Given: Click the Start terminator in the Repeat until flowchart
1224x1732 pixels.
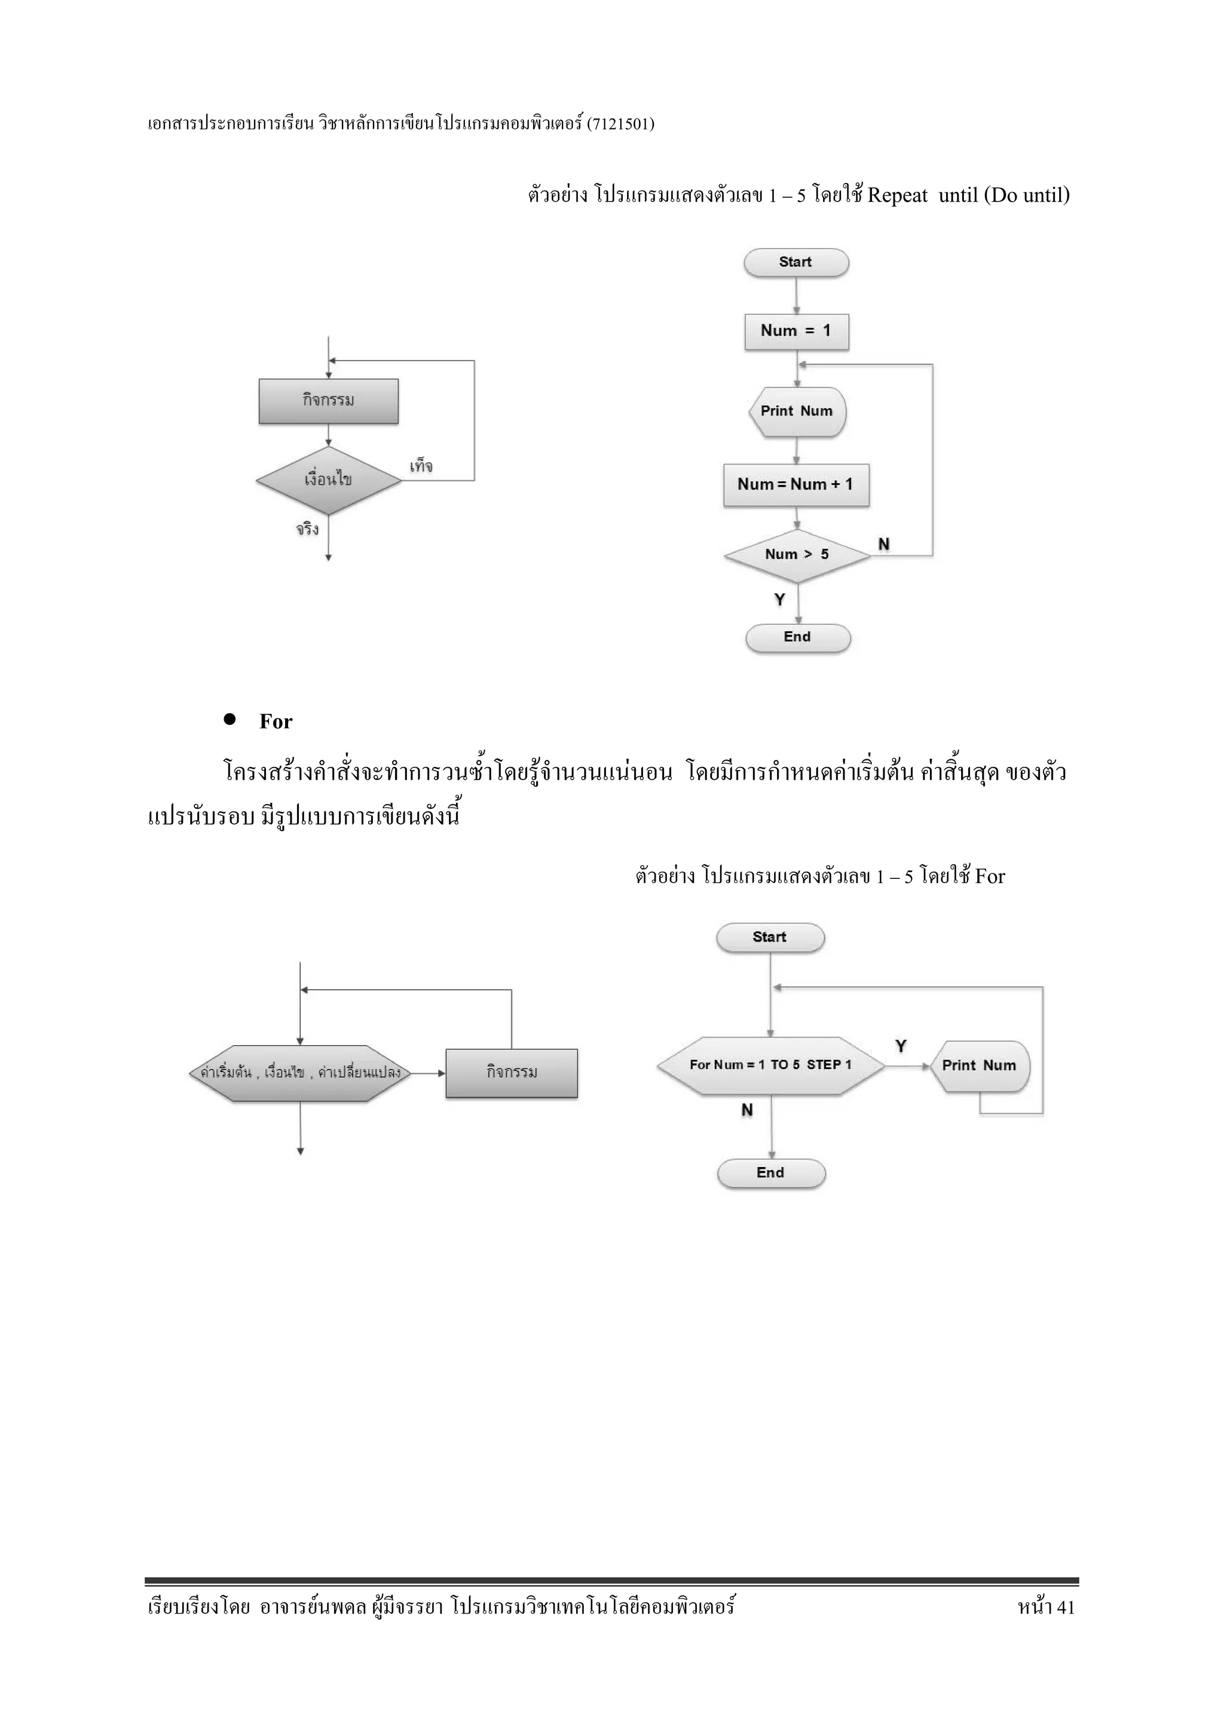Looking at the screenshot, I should click(795, 262).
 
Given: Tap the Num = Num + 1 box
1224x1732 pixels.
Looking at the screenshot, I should click(795, 484).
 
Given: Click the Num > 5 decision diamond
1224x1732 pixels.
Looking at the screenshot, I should click(797, 555).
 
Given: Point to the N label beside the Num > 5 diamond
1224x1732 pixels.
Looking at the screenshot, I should click(884, 544).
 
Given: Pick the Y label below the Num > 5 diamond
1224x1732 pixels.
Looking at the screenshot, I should click(780, 599).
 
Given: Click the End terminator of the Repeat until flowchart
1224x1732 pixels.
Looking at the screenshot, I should click(797, 637).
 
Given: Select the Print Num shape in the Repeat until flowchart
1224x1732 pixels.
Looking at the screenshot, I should click(797, 412).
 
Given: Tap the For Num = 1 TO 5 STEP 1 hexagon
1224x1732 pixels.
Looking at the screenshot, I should click(770, 1065).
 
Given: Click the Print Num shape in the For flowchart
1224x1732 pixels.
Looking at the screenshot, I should click(979, 1066).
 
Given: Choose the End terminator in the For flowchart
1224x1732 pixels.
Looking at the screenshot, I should click(771, 1173).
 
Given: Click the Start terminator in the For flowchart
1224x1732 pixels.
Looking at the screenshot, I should click(769, 937).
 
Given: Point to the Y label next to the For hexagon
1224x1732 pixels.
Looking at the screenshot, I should click(901, 1046).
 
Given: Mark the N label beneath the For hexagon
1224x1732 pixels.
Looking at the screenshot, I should click(746, 1110).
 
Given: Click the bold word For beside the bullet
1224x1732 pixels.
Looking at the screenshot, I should click(276, 722).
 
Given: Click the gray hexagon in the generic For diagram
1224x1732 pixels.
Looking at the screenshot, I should click(300, 1073).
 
